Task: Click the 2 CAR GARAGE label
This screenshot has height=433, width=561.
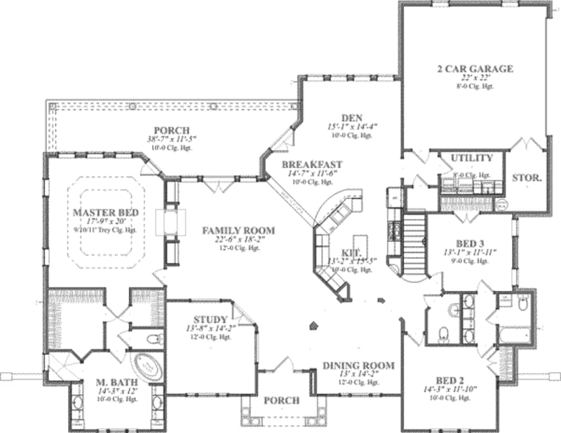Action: [476, 69]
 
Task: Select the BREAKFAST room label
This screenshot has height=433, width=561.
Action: [311, 165]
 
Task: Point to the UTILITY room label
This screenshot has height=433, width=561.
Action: [471, 158]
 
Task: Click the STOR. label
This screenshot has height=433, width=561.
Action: [527, 179]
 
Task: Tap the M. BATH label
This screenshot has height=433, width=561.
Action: [118, 382]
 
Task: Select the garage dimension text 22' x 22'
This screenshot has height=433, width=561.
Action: [476, 78]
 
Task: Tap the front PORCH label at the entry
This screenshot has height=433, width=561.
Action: [281, 401]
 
